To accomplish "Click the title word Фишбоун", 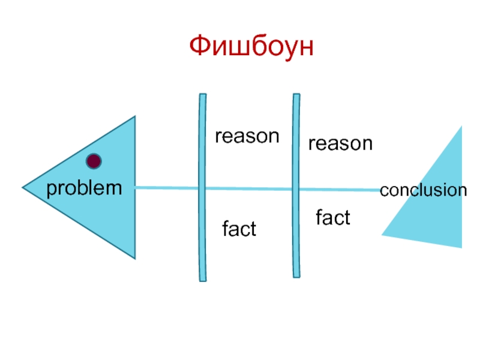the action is [x=251, y=47].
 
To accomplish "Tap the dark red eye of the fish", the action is [x=94, y=161].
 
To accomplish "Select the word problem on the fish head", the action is [x=84, y=188].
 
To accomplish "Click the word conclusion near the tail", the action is [x=424, y=191].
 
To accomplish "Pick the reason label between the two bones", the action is [x=247, y=136].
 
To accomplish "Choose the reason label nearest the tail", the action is [x=340, y=143].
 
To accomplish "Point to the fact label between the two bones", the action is [x=239, y=229].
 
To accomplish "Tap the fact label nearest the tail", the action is [x=333, y=218].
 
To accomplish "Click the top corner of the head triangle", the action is [x=135, y=117].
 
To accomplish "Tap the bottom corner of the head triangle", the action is [x=135, y=259].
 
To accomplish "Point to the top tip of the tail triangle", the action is [x=461, y=127].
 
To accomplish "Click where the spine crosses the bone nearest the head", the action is [x=202, y=188].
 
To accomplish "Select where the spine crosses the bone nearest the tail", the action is [x=296, y=190].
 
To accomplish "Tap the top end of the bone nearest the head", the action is [x=202, y=95].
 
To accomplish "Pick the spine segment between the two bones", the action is [x=249, y=189].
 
